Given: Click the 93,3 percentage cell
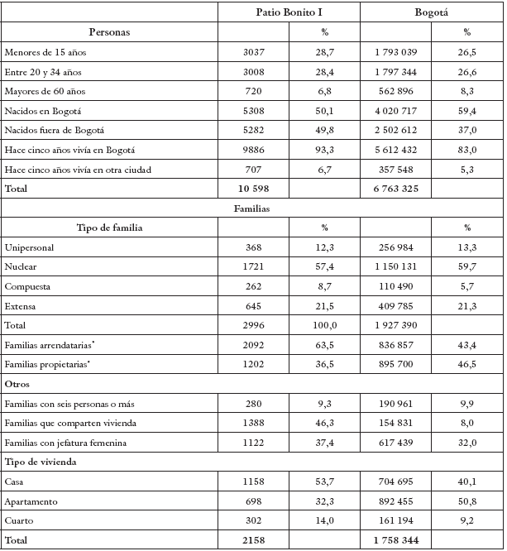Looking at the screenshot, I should (x=324, y=149).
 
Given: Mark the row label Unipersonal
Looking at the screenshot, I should (x=30, y=248).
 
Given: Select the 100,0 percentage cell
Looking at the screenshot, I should (x=324, y=327).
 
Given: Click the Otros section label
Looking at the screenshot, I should (x=18, y=385).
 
